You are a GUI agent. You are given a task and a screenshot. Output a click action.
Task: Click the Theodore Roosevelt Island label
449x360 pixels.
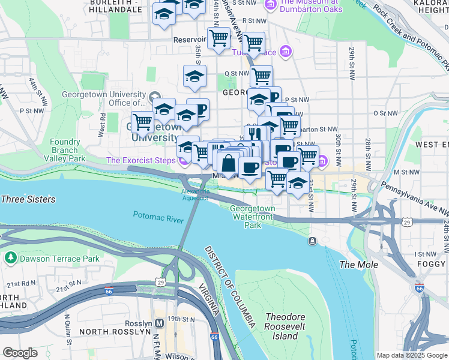[285, 326]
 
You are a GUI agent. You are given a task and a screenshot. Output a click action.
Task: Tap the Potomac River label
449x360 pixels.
[158, 217]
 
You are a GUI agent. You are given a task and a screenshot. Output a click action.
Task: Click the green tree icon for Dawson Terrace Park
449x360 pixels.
[10, 259]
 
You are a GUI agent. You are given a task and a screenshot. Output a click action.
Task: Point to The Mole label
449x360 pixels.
[359, 265]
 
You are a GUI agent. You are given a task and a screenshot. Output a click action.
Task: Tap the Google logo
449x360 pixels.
[19, 353]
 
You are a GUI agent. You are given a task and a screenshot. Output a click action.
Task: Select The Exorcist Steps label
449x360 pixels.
[141, 160]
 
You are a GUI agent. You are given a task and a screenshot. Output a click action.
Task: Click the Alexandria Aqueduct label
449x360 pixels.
[194, 194]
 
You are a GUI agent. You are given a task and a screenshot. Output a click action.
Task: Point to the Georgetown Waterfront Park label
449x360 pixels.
[253, 217]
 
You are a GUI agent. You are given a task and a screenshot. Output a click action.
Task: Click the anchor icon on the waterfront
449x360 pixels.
[313, 241]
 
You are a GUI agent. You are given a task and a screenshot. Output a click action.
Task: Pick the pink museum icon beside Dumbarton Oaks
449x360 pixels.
[270, 5]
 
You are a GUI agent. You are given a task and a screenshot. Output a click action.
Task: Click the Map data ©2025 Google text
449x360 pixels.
[411, 355]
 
